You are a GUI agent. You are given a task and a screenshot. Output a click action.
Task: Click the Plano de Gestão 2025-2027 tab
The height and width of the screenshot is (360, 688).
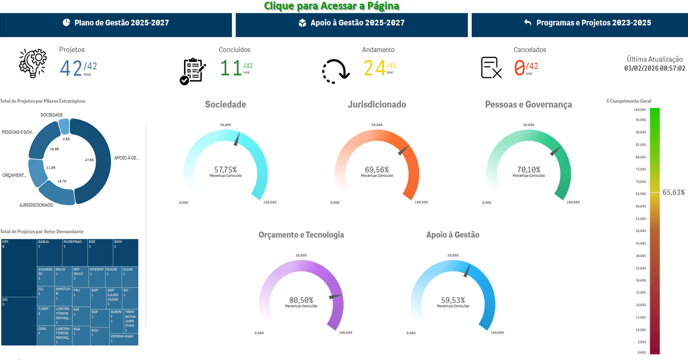coord(116,23)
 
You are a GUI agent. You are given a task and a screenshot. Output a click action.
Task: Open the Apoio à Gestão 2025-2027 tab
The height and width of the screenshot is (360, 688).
coord(351,23)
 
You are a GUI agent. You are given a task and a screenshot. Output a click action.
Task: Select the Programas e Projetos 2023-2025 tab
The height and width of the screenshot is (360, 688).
coord(587,23)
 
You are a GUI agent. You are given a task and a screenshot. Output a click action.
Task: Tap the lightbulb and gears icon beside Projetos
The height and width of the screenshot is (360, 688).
coord(33,64)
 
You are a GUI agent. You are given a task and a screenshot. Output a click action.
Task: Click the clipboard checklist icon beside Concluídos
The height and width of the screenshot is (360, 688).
coord(192,71)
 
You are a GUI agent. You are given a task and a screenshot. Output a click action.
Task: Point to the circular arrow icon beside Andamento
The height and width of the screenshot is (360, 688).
coord(336,71)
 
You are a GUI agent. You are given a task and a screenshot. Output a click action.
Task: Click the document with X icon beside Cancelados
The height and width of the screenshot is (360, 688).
coord(491,68)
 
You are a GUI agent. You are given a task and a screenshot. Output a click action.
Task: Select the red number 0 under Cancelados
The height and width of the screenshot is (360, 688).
coord(519,68)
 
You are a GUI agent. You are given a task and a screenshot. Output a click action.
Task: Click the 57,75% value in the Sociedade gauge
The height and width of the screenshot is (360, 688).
coord(225,170)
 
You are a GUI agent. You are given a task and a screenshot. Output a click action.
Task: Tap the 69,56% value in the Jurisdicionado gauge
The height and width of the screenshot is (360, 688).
coord(377,170)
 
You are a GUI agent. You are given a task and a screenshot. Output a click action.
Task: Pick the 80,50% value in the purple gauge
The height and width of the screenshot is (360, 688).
coord(301,300)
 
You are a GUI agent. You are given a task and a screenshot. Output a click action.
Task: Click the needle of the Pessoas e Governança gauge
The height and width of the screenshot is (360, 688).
coord(555,151)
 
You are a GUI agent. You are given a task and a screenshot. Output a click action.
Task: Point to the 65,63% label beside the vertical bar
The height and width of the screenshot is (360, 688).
coord(673,192)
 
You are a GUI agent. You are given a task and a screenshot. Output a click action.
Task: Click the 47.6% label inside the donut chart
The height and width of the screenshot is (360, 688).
coord(89,160)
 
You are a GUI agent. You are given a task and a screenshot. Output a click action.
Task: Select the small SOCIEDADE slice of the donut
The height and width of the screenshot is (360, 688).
coord(64,126)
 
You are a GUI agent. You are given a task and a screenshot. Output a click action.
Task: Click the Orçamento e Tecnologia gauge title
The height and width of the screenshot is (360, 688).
coord(301,235)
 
